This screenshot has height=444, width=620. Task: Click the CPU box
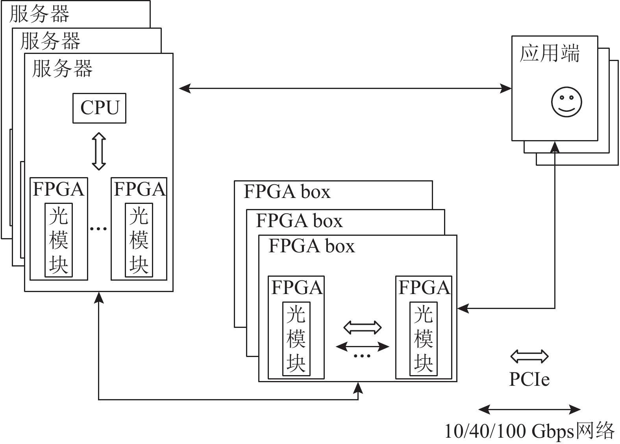pos(99,108)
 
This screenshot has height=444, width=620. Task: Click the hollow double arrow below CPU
pos(99,151)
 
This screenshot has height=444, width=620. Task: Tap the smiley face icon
pos(566,102)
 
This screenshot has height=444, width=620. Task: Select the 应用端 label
pos(550,54)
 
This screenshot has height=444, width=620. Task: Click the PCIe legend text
pos(529,379)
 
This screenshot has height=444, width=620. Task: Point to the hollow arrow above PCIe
pos(529,356)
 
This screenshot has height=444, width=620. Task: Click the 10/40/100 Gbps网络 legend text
pos(529,431)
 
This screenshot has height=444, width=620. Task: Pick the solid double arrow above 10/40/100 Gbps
pos(529,410)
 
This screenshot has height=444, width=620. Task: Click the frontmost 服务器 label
pos(62,68)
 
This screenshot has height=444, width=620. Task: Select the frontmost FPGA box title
pos(311,246)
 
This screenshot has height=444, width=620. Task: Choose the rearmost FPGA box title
pos(287,192)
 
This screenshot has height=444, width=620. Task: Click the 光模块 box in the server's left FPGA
pos(59,240)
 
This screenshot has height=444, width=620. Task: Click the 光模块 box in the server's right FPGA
pos(139,240)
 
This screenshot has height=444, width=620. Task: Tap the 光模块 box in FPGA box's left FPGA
pos(296,339)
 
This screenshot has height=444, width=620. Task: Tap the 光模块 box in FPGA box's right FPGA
pos(424,339)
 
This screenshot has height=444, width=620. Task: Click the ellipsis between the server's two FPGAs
pos(99,228)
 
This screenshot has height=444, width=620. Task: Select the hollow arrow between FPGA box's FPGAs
pos(362,327)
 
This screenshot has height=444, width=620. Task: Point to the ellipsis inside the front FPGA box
pos(362,356)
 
